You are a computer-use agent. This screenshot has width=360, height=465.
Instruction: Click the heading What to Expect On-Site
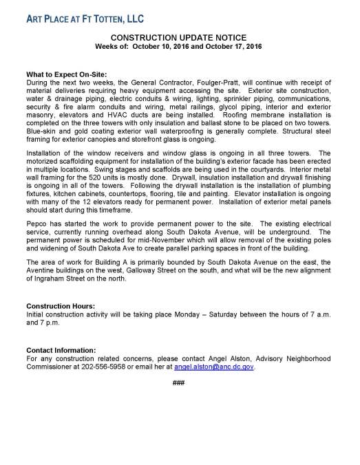tap(68, 74)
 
